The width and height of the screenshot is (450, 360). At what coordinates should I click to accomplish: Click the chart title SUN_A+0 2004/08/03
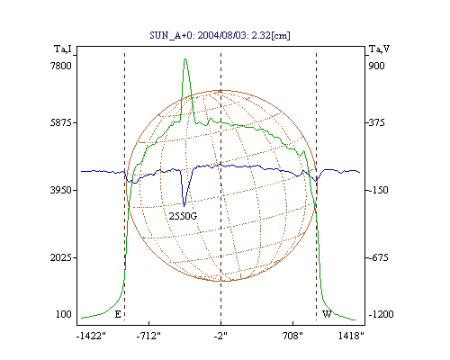(x=220, y=35)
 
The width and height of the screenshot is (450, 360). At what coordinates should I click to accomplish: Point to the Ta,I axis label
(x=63, y=49)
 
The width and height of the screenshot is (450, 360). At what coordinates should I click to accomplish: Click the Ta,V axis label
(x=379, y=49)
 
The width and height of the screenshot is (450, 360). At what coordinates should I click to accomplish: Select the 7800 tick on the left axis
(x=60, y=66)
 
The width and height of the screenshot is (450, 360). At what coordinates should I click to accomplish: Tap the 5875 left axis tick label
(x=60, y=122)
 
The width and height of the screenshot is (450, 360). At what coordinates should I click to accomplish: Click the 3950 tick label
(x=60, y=190)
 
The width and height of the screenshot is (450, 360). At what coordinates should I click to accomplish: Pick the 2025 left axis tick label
(x=60, y=257)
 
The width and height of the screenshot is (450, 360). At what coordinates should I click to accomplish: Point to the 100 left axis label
(x=64, y=314)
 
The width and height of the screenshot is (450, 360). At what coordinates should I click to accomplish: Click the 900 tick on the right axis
(x=376, y=66)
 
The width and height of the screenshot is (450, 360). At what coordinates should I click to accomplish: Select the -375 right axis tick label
(x=376, y=122)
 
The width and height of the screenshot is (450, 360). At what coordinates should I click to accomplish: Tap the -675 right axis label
(x=378, y=257)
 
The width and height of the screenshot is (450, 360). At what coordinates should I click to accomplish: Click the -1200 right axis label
(x=381, y=314)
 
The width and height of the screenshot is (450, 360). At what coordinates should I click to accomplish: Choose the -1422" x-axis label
(x=91, y=336)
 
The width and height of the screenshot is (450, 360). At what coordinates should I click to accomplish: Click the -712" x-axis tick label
(x=148, y=336)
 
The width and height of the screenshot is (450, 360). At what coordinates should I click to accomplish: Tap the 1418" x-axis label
(x=351, y=336)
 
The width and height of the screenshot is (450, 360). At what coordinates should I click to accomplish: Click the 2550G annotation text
(x=183, y=216)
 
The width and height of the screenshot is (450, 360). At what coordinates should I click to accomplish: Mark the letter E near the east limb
(x=118, y=314)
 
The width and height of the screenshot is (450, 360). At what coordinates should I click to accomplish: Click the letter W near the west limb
(x=327, y=314)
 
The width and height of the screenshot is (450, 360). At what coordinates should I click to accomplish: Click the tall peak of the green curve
(x=185, y=60)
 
